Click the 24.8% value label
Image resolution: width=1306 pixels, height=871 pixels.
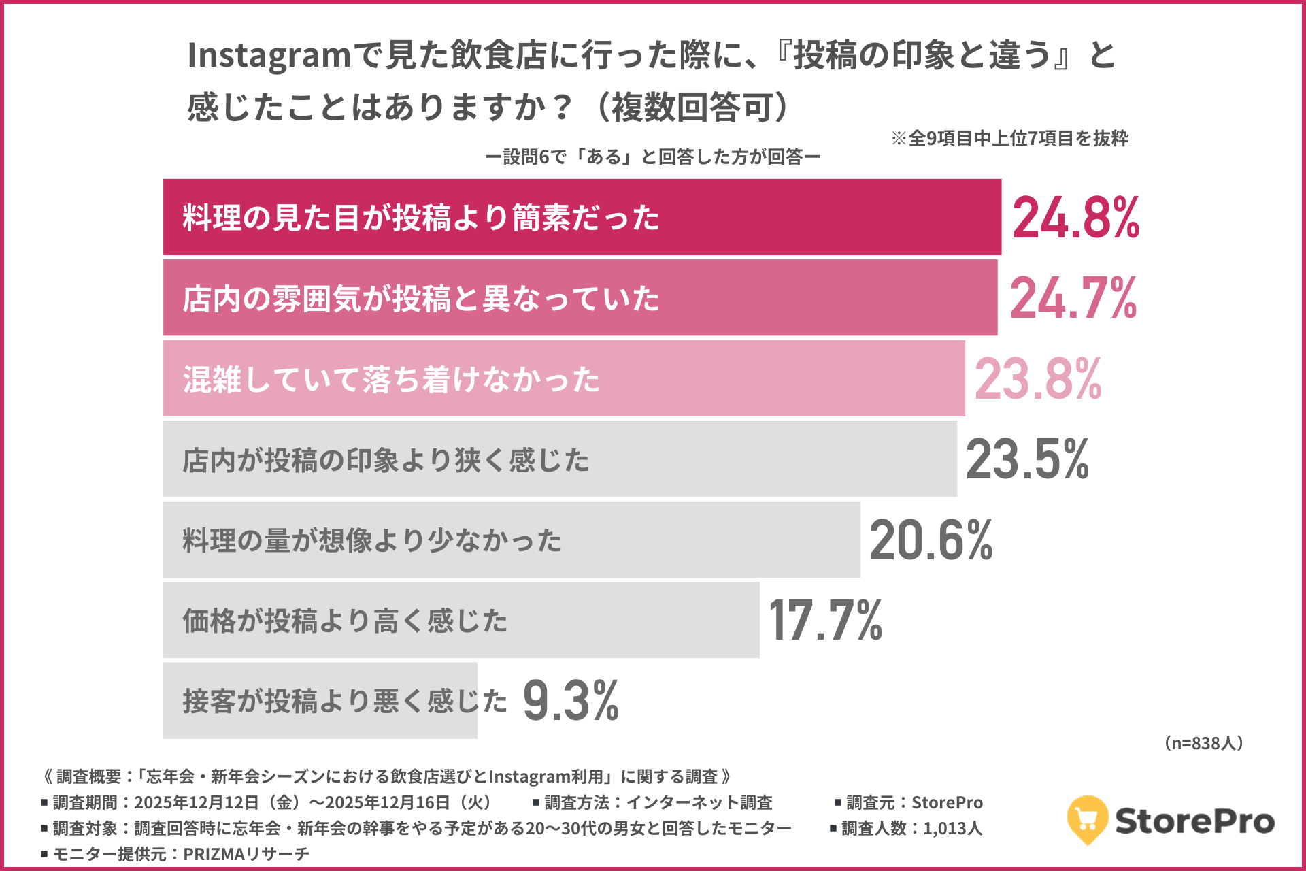point(1075,218)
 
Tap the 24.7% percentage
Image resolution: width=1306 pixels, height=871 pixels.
point(1073,298)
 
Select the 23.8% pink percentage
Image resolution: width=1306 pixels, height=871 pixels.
point(1037,379)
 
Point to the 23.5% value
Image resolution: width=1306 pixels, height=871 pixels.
point(1027,459)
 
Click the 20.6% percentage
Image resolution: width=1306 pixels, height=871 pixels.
point(931,540)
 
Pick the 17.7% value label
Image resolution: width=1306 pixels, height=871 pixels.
point(825,621)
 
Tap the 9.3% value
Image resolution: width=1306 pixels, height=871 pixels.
point(571,701)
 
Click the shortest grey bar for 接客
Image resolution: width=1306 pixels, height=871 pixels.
point(320,701)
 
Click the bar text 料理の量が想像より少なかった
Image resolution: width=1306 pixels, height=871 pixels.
point(372,540)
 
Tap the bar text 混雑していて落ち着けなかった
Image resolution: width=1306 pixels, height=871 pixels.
point(391,379)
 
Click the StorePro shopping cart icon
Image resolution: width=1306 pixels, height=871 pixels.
point(1087,819)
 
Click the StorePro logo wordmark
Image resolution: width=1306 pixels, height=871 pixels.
point(1194,821)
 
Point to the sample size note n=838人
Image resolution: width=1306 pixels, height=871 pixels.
point(1203,743)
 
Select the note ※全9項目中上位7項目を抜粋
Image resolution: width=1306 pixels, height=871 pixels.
point(1009,139)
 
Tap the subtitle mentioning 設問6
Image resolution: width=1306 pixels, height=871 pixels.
point(653,157)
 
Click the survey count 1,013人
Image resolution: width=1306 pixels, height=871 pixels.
point(952,828)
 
